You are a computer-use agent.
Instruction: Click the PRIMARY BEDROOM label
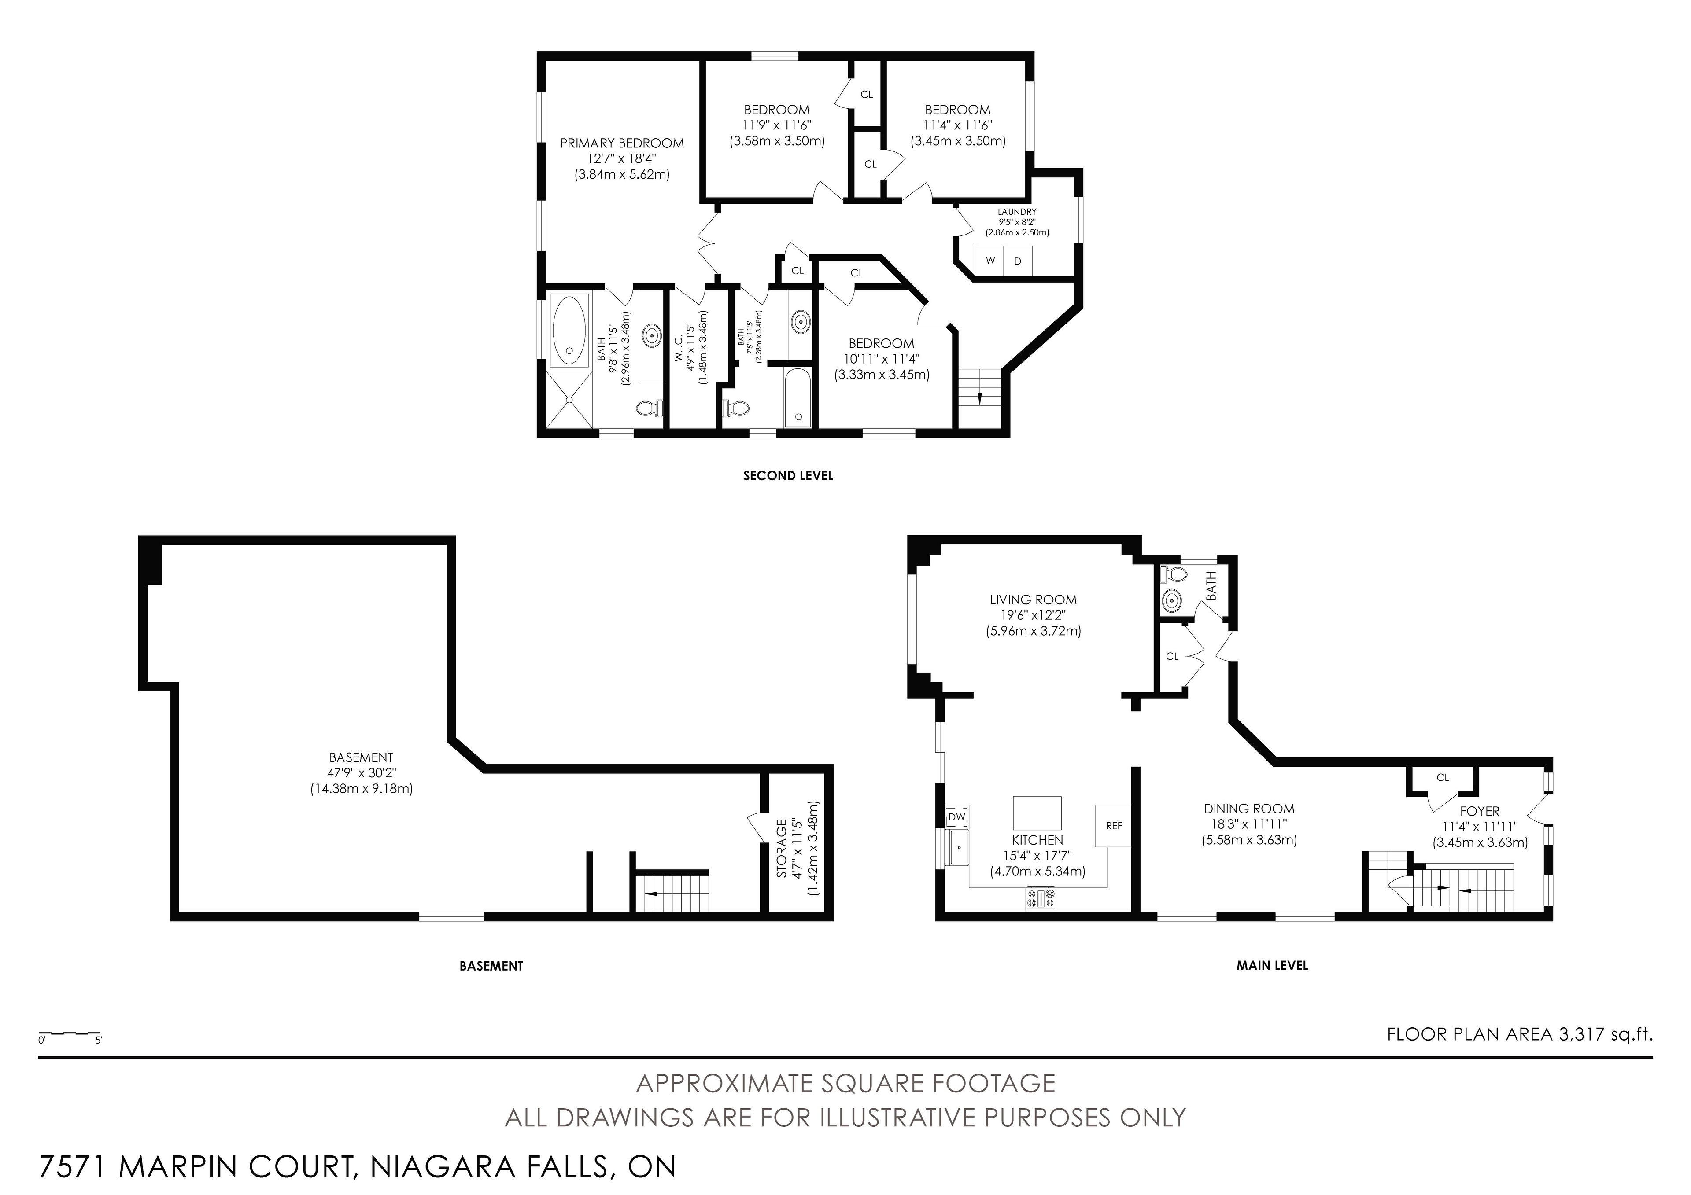click(x=622, y=143)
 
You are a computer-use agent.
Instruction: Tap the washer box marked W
click(x=990, y=261)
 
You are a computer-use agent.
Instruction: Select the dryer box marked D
click(x=1018, y=261)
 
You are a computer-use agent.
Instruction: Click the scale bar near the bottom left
click(x=70, y=1034)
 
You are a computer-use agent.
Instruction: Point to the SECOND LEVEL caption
click(x=788, y=476)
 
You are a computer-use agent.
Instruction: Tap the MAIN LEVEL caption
click(x=1272, y=965)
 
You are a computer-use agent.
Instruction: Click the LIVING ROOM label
click(x=1033, y=600)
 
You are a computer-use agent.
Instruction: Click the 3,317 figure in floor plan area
click(x=1580, y=1034)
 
